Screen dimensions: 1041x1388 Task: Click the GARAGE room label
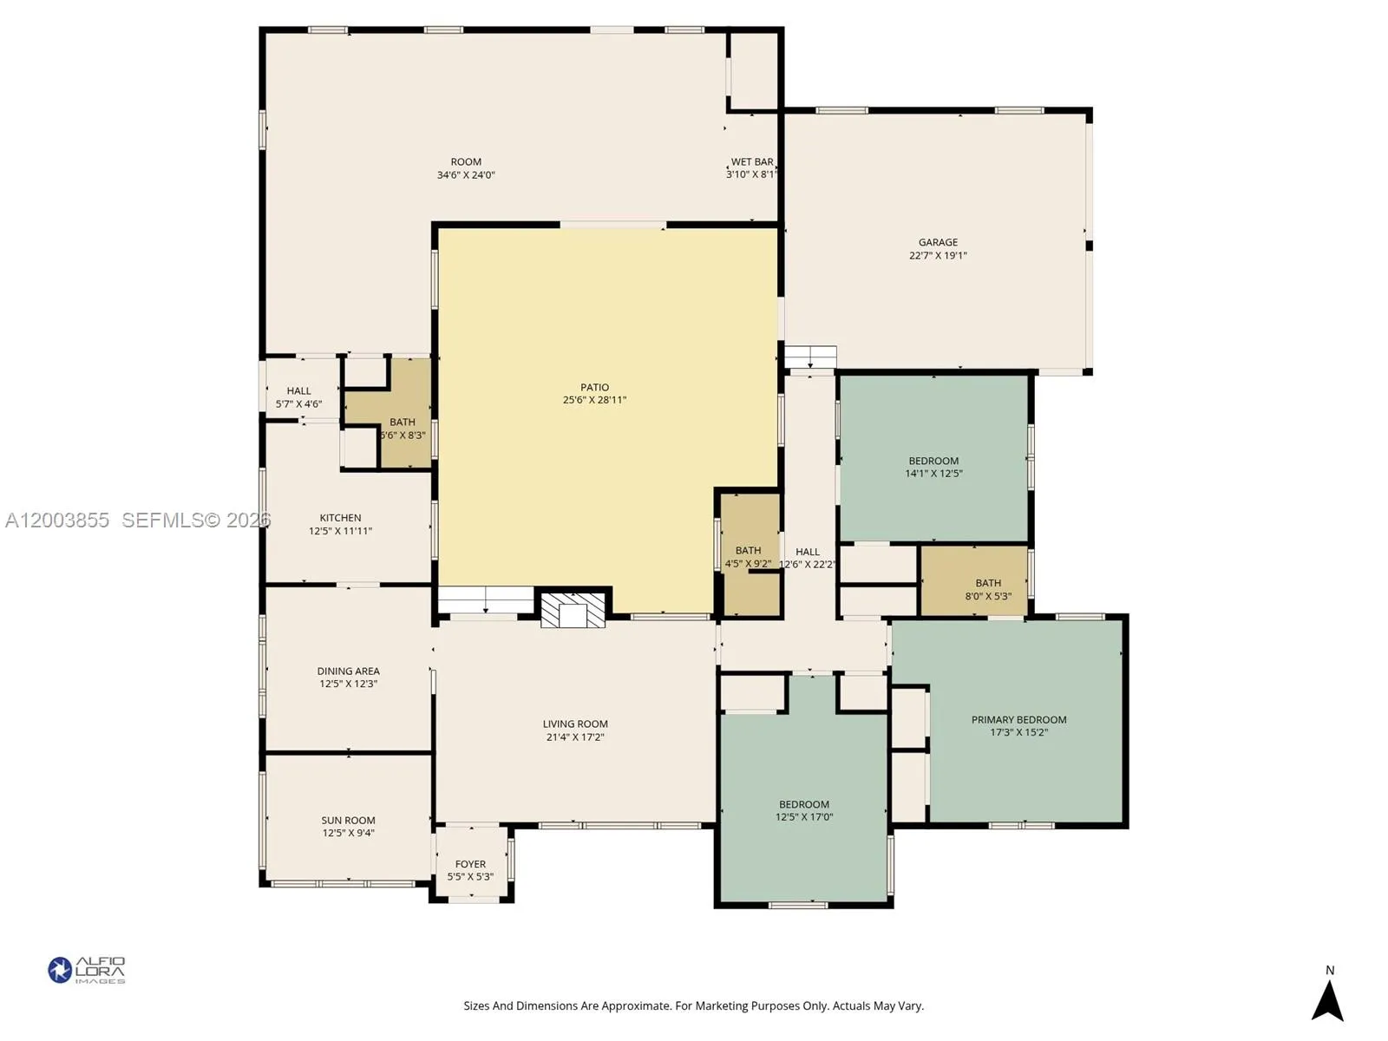point(938,243)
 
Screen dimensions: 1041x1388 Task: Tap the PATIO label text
point(594,388)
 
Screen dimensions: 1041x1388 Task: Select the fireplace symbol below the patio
point(573,610)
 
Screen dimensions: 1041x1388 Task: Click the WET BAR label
point(751,162)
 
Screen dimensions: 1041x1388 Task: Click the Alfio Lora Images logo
point(87,970)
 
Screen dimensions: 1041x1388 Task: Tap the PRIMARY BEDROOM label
point(1018,720)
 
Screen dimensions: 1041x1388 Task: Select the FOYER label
point(470,864)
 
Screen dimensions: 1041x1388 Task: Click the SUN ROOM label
point(348,821)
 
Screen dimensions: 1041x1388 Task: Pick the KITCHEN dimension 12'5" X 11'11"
point(340,531)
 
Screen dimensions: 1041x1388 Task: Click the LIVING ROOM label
point(575,724)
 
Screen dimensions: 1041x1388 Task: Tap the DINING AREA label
point(348,671)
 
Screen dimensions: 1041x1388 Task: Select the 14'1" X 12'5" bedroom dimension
point(933,474)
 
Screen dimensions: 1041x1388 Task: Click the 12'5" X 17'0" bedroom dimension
point(804,817)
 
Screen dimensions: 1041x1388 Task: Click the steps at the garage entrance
point(810,357)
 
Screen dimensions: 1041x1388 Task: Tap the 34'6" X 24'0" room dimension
point(466,175)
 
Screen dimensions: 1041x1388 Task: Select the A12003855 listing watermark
point(57,520)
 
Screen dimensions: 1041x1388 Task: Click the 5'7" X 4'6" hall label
point(298,404)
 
